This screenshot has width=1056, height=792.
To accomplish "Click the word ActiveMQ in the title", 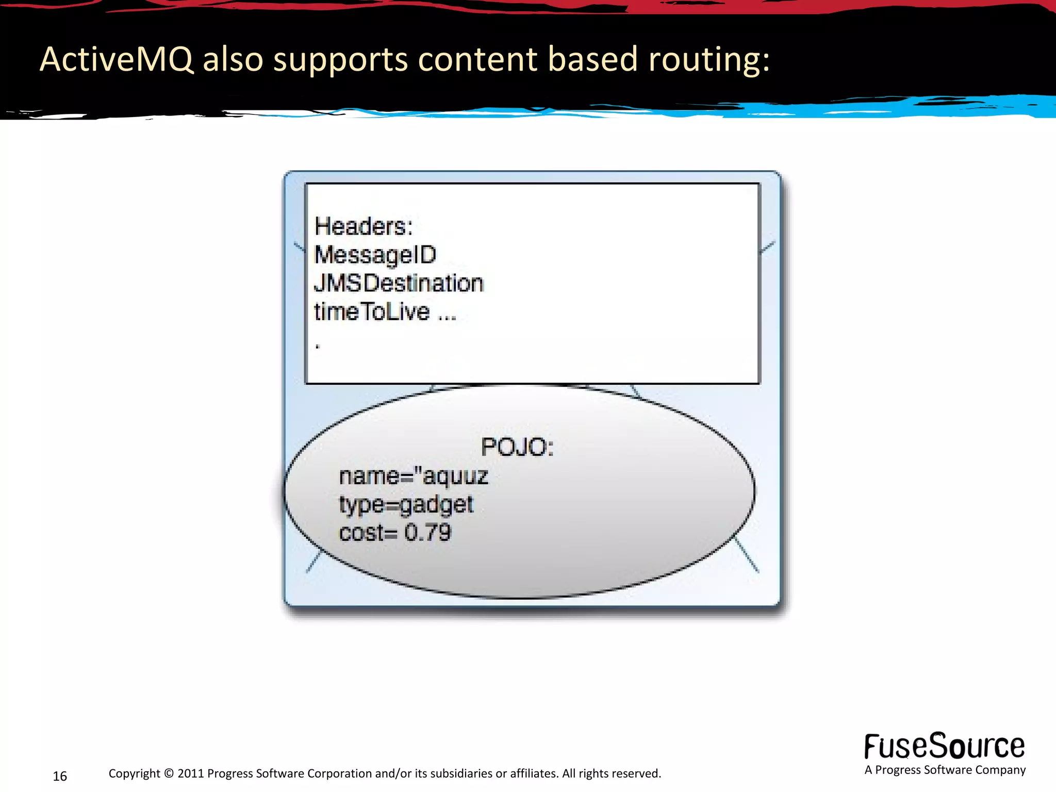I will pos(117,59).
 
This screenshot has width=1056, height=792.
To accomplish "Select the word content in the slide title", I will pos(477,59).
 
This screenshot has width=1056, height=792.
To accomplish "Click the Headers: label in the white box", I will pos(364,226).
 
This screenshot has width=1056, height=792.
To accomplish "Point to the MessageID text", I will pos(375,255).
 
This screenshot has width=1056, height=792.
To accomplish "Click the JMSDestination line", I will pos(399,283).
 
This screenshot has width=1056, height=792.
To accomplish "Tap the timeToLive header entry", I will pos(372,311).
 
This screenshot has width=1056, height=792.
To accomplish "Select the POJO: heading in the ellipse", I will pos(517,447).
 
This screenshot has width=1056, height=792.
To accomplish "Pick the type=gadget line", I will pos(406,504).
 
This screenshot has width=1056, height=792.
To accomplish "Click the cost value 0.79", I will pos(427,533).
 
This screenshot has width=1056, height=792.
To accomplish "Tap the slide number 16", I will pos(60,776).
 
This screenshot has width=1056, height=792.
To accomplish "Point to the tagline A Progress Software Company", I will pos(945,770).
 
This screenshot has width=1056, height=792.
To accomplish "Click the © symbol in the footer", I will pos(169,773).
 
